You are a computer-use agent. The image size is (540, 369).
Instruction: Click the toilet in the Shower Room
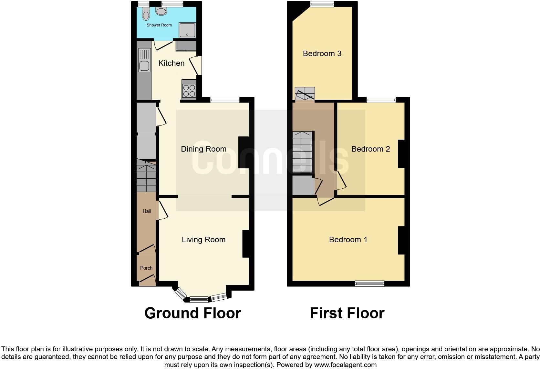tap(146, 15)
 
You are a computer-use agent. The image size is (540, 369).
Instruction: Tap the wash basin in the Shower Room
tap(161, 11)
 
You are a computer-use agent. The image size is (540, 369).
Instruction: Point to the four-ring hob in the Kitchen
tap(189, 90)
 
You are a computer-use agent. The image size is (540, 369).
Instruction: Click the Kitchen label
tap(171, 63)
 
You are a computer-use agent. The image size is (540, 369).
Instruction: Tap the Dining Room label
tap(203, 149)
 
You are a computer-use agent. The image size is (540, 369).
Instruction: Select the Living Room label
tap(203, 240)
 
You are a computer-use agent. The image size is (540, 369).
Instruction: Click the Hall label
tap(147, 211)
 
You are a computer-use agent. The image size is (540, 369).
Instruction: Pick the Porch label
tap(146, 268)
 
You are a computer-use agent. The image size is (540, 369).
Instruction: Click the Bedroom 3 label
tap(322, 54)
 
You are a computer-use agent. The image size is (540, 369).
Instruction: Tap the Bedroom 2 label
tap(370, 149)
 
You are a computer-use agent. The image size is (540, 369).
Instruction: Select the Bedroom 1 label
tap(348, 240)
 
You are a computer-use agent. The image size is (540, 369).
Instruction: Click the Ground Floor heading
tap(192, 313)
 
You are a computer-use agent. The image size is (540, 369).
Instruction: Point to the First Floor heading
tap(347, 313)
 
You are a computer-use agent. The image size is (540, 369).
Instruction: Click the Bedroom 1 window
tap(369, 284)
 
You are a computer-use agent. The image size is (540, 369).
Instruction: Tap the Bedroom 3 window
tap(322, 4)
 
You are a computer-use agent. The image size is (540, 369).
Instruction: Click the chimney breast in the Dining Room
tap(244, 153)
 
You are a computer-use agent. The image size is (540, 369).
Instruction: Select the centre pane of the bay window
tap(199, 299)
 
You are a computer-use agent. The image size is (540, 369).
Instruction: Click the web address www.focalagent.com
tap(345, 365)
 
